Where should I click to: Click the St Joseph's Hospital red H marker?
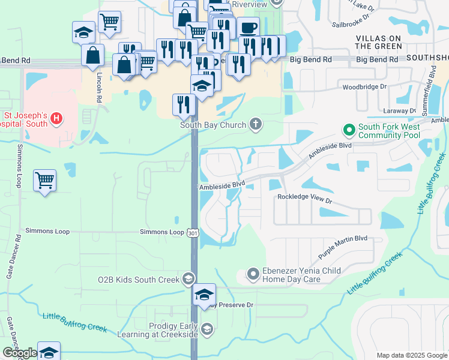[x=56, y=118]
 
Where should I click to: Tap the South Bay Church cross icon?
[x=256, y=125]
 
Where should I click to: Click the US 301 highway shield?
[x=193, y=232]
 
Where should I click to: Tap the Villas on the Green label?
[x=379, y=41]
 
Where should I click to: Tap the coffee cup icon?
[x=248, y=28]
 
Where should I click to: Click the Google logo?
[x=20, y=352]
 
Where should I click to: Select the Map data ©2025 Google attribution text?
[x=412, y=355]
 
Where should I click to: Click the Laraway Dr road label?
[x=400, y=111]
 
